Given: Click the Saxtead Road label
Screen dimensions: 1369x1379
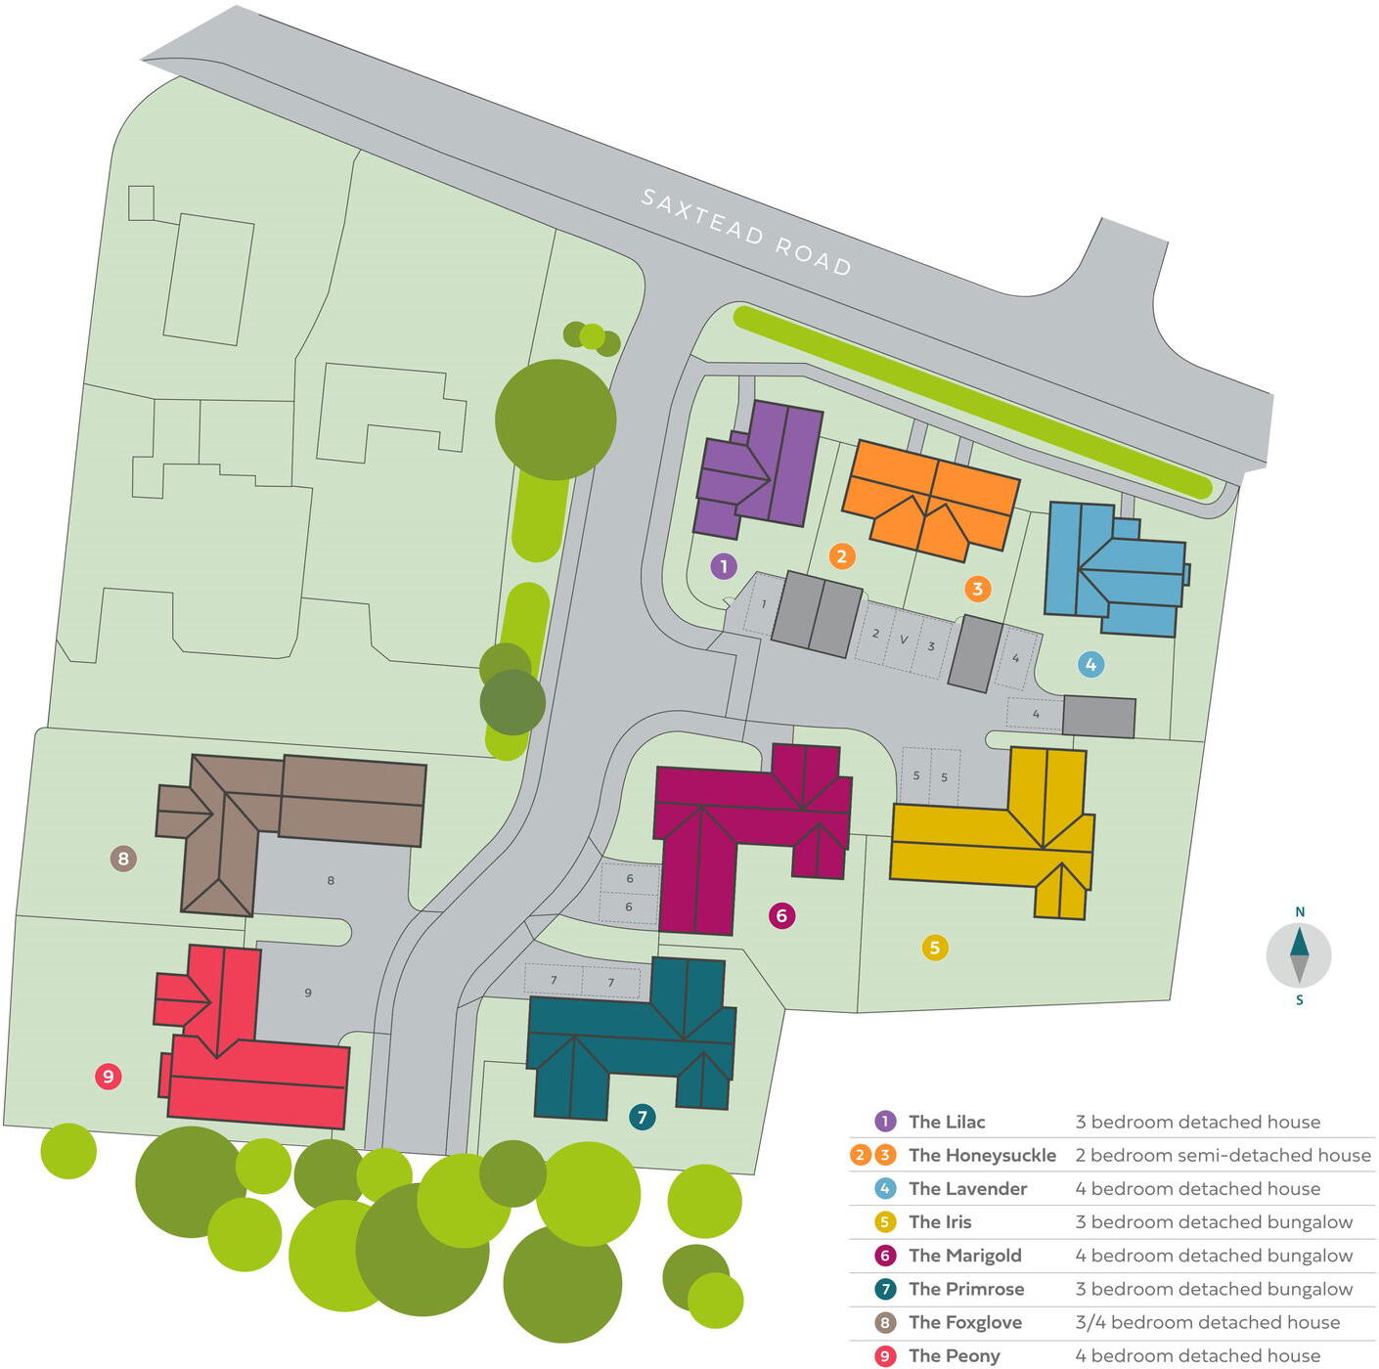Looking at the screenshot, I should pos(745,232).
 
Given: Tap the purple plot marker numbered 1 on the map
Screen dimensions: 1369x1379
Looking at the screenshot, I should pos(724,566).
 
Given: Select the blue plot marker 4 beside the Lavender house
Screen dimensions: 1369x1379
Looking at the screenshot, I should pos(1090,665).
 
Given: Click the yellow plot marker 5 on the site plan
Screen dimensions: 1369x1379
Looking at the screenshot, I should pos(935,947).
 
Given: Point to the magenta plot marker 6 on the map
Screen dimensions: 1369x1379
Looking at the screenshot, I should pos(780,915).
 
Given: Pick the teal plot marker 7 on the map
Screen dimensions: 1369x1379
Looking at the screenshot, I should pos(642,1117).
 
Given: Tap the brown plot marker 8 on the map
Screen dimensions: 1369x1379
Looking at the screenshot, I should pos(122,859).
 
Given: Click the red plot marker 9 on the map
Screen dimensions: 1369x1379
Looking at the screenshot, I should pos(108,1077).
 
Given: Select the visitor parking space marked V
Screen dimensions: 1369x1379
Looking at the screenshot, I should pos(904,640).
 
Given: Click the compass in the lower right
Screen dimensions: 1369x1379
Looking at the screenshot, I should pos(1299,955).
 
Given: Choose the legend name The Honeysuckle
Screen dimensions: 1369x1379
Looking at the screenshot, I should pos(982,1155).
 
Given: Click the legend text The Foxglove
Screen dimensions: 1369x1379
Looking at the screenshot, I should pos(964,1322).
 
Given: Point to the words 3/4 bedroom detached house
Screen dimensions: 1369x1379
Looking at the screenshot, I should pos(1207,1322).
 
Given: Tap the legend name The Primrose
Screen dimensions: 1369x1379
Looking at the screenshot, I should pos(965,1289).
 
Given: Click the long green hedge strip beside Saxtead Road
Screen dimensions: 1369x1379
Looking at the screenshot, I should pos(968,401).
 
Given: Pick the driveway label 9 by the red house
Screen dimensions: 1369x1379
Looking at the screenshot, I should pos(308,993).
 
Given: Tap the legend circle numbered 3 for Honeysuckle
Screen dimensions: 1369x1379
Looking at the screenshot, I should pos(885,1155).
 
